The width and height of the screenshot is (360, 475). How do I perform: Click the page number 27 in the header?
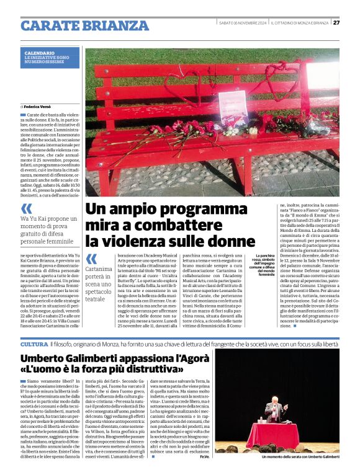click(x=336, y=23)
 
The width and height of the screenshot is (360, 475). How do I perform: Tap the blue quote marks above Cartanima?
click(x=91, y=259)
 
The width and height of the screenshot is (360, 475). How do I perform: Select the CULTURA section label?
click(x=34, y=344)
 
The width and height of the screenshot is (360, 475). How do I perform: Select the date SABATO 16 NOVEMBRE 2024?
click(x=243, y=23)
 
